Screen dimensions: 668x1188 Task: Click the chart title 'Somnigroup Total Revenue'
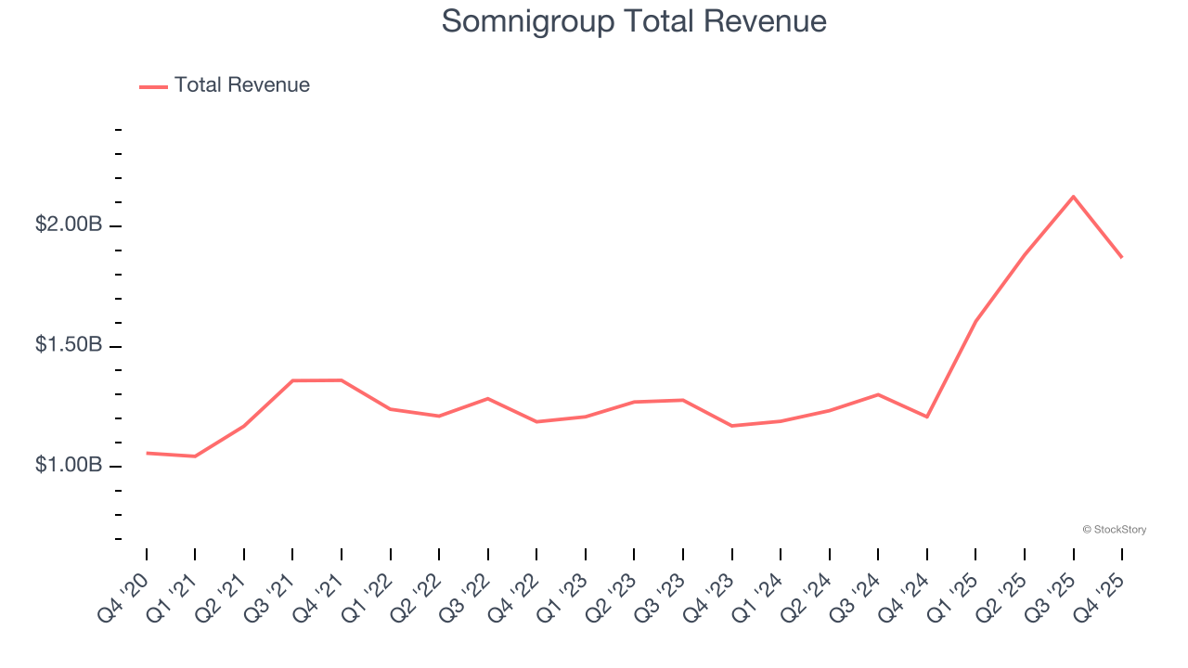pos(634,20)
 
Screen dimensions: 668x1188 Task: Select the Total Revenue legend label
pos(241,85)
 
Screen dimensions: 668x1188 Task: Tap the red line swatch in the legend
pos(153,86)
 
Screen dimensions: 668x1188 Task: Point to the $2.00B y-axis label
pos(69,225)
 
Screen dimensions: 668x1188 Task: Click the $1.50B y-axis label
pos(69,345)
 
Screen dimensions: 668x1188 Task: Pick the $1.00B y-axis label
pos(69,465)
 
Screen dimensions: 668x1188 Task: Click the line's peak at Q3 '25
pos(1073,197)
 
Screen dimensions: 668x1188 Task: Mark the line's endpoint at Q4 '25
pos(1122,257)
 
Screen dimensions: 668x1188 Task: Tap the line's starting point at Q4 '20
pos(147,453)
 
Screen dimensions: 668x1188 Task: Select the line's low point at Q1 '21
pos(195,456)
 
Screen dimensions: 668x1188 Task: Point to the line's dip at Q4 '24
pos(927,417)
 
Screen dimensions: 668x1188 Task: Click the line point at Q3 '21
pos(292,380)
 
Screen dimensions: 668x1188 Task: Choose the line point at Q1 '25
pos(975,321)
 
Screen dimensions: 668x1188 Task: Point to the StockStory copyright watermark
pos(1114,530)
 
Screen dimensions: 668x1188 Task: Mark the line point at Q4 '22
pos(536,422)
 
